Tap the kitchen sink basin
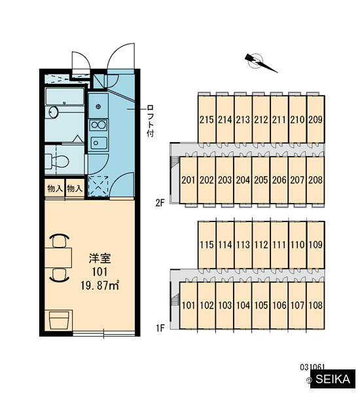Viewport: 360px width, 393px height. (98, 143)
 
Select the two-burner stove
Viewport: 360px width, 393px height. (98, 124)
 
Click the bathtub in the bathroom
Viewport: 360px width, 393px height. (65, 96)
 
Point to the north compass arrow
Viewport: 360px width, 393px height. (261, 63)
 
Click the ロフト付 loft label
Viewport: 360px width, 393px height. (151, 121)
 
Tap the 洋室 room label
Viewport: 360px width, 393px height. (100, 259)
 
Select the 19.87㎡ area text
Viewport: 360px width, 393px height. (100, 285)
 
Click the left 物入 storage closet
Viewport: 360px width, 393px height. (55, 188)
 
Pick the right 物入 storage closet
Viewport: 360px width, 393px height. (75, 188)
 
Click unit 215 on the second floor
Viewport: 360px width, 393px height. (207, 119)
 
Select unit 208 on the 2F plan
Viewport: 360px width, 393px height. (315, 180)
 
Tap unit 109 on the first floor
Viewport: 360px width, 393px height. (315, 244)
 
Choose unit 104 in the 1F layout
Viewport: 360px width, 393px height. (243, 305)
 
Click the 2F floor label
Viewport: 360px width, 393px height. (160, 202)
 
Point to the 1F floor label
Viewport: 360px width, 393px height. (160, 328)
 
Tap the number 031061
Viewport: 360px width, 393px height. (312, 367)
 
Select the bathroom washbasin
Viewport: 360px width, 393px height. (54, 112)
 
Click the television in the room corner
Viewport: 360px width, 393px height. (59, 320)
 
